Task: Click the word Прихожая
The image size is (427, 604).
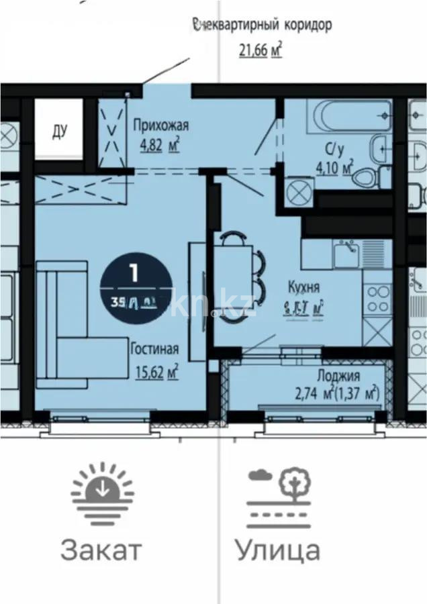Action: click(x=160, y=125)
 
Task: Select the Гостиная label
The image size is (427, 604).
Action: click(x=154, y=348)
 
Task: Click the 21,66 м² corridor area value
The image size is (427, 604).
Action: click(x=259, y=50)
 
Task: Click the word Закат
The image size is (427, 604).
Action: click(x=101, y=550)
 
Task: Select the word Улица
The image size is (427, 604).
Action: click(x=277, y=550)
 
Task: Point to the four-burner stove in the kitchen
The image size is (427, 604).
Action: click(x=377, y=299)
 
